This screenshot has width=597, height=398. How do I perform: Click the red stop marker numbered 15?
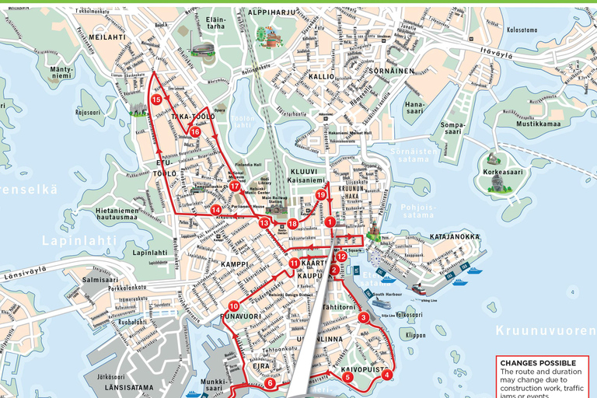tap(156, 99)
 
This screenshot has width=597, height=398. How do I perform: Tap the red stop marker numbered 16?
tap(195, 132)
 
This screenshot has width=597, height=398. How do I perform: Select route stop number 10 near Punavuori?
tap(234, 306)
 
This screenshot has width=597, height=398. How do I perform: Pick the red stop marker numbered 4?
tap(387, 375)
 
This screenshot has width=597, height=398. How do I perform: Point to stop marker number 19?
tap(320, 194)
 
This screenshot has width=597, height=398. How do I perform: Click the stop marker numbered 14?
tap(215, 210)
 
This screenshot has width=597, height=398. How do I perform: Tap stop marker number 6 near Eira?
tap(270, 382)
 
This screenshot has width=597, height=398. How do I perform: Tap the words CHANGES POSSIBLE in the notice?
tap(538, 363)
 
